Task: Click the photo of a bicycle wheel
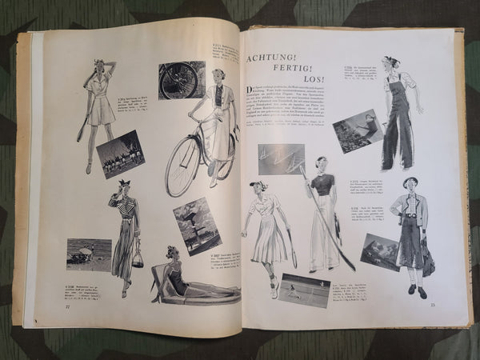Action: click(x=181, y=79)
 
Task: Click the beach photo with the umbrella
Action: click(x=89, y=254)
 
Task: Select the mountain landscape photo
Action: click(x=380, y=251)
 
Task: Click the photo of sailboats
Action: click(x=281, y=158)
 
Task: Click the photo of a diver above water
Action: click(x=358, y=130)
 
